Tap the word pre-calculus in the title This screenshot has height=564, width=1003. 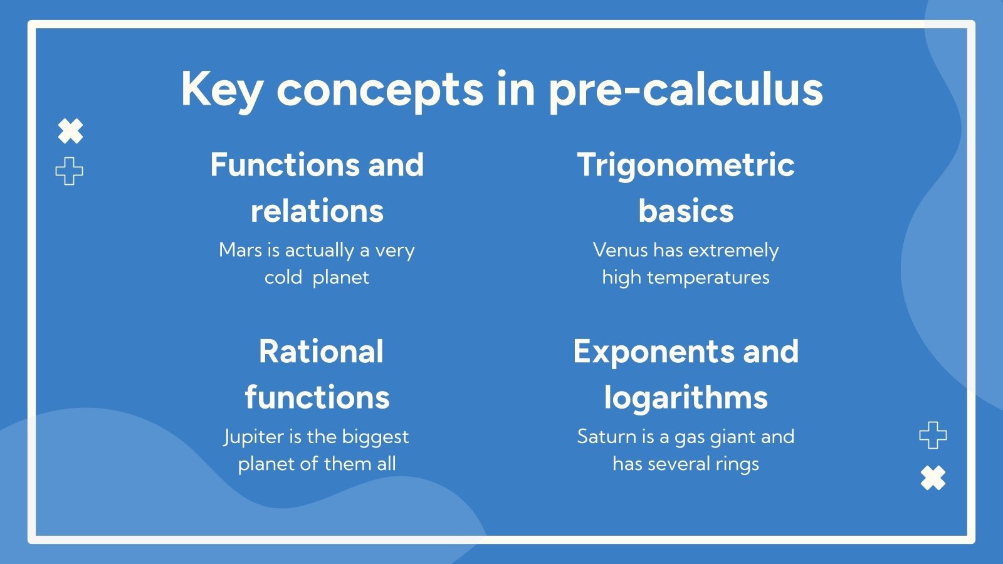[685, 90]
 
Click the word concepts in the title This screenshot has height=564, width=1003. [380, 90]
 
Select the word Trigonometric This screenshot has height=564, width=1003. [685, 165]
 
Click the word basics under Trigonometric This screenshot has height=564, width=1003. [685, 211]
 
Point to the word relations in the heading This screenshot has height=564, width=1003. [317, 211]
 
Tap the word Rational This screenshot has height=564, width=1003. [320, 352]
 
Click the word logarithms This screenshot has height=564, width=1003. [685, 398]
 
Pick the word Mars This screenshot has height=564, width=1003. [240, 250]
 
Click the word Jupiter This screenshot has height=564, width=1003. [254, 437]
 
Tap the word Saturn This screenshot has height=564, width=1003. [606, 437]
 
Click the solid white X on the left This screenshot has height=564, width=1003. [70, 132]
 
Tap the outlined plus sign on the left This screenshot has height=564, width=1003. [69, 171]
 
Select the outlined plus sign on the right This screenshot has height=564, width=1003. [932, 435]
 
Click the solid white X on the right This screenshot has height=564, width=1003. [933, 478]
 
